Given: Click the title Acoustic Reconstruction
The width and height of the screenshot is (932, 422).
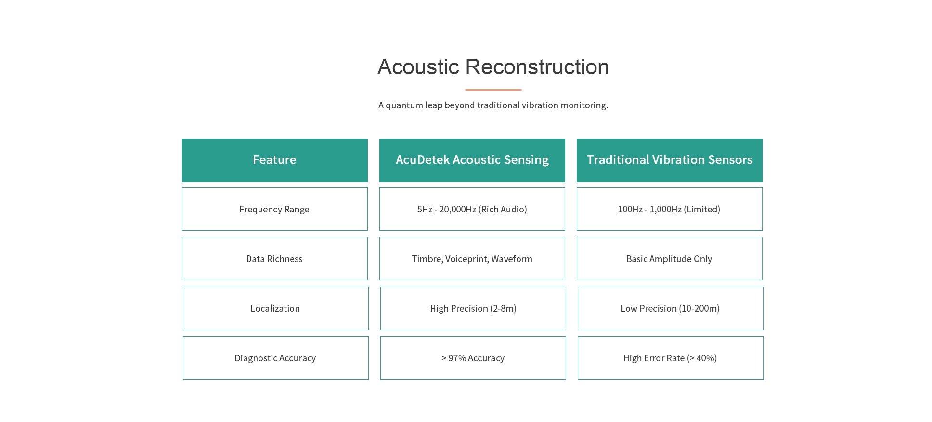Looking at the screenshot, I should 493,67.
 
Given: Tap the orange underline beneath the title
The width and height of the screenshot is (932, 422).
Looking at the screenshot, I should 493,90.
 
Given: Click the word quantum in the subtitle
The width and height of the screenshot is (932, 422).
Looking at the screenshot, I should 404,105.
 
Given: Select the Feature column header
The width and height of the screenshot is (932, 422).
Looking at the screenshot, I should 274,160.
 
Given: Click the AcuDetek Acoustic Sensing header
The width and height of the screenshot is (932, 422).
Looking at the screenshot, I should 472,160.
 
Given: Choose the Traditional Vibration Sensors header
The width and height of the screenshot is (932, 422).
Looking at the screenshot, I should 669,160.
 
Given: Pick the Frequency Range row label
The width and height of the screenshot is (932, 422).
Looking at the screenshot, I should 274,209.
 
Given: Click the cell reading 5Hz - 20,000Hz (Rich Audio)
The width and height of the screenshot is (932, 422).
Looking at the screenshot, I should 472,209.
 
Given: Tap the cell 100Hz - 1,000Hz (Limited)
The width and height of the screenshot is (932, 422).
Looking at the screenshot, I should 669,209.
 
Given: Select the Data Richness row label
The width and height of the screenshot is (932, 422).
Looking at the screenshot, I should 274,259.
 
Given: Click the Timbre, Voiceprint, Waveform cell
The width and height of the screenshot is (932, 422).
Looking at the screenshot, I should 472,259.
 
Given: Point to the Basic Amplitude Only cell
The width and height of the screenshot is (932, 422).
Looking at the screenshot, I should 669,259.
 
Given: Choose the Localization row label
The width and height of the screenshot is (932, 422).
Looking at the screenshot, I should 275,308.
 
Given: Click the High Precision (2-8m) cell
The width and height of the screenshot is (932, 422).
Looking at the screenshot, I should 473,308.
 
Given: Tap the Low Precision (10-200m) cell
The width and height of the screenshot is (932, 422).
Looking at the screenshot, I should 670,308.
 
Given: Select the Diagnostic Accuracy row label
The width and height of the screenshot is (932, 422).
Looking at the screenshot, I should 275,358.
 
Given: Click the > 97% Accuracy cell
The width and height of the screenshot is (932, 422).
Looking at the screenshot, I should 473,358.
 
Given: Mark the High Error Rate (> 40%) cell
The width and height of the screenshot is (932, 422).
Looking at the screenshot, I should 670,358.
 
